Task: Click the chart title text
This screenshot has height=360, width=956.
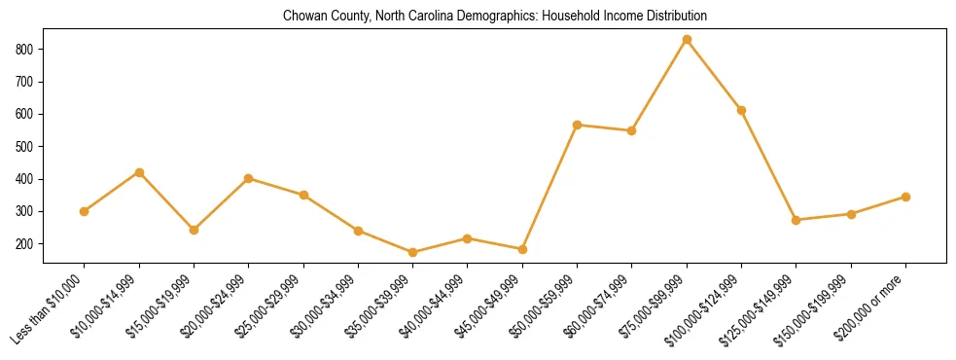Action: point(495,17)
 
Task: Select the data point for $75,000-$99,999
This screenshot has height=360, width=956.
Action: point(687,40)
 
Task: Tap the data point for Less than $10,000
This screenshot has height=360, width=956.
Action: point(85,211)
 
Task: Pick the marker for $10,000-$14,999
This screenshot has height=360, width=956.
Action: point(139,172)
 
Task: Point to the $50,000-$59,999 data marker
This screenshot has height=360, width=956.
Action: point(577,125)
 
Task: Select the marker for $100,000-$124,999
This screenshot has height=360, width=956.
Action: point(741,110)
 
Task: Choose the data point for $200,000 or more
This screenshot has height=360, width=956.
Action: point(905,197)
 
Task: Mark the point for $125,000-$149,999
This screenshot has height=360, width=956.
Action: point(796,220)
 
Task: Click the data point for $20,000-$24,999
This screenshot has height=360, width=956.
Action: point(249,178)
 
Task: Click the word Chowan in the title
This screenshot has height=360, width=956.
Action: point(301,17)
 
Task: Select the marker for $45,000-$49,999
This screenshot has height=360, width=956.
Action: point(522,249)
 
